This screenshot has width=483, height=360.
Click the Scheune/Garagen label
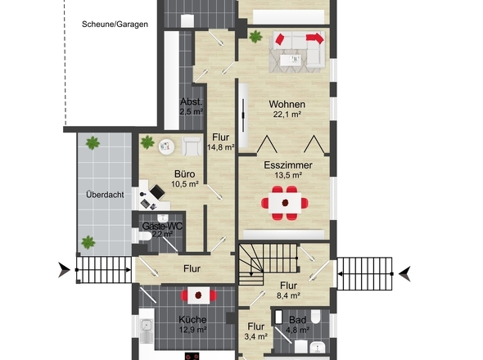click(x=115, y=25)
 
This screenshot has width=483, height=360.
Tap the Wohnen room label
click(x=287, y=104)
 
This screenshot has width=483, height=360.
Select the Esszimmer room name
click(x=288, y=165)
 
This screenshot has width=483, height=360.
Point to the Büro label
click(x=184, y=174)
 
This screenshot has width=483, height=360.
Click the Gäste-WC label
click(x=162, y=226)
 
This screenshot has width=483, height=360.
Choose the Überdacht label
click(x=105, y=195)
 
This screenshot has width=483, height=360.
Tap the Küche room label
click(x=192, y=319)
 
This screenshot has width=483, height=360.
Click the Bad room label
click(x=297, y=320)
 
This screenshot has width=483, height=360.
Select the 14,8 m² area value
click(x=221, y=147)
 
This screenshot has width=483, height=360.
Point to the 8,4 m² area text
click(x=288, y=295)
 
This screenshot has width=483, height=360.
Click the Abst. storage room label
click(x=192, y=101)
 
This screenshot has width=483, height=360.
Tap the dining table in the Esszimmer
click(x=285, y=203)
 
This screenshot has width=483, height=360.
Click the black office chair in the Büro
click(x=157, y=191)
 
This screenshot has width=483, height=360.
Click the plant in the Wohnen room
click(x=255, y=37)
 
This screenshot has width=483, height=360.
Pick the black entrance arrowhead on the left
click(x=65, y=270)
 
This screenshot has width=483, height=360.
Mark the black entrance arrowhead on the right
click(x=404, y=274)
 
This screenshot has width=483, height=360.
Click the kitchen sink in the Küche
click(x=146, y=325)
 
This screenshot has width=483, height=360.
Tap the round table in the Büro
click(x=167, y=146)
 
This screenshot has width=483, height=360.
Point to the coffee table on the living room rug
click(x=291, y=59)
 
